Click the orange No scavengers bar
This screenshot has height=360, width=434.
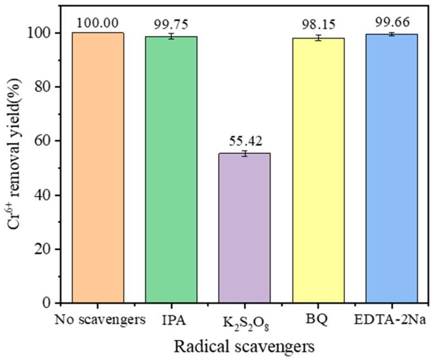(x=98, y=167)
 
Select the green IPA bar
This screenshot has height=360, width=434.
(x=171, y=170)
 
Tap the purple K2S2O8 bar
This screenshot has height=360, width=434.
(x=244, y=228)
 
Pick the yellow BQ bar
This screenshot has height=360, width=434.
(x=318, y=170)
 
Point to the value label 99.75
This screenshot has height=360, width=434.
(x=171, y=24)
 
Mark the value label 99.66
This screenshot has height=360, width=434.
(x=391, y=24)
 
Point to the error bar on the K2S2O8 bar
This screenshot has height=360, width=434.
(x=244, y=154)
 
